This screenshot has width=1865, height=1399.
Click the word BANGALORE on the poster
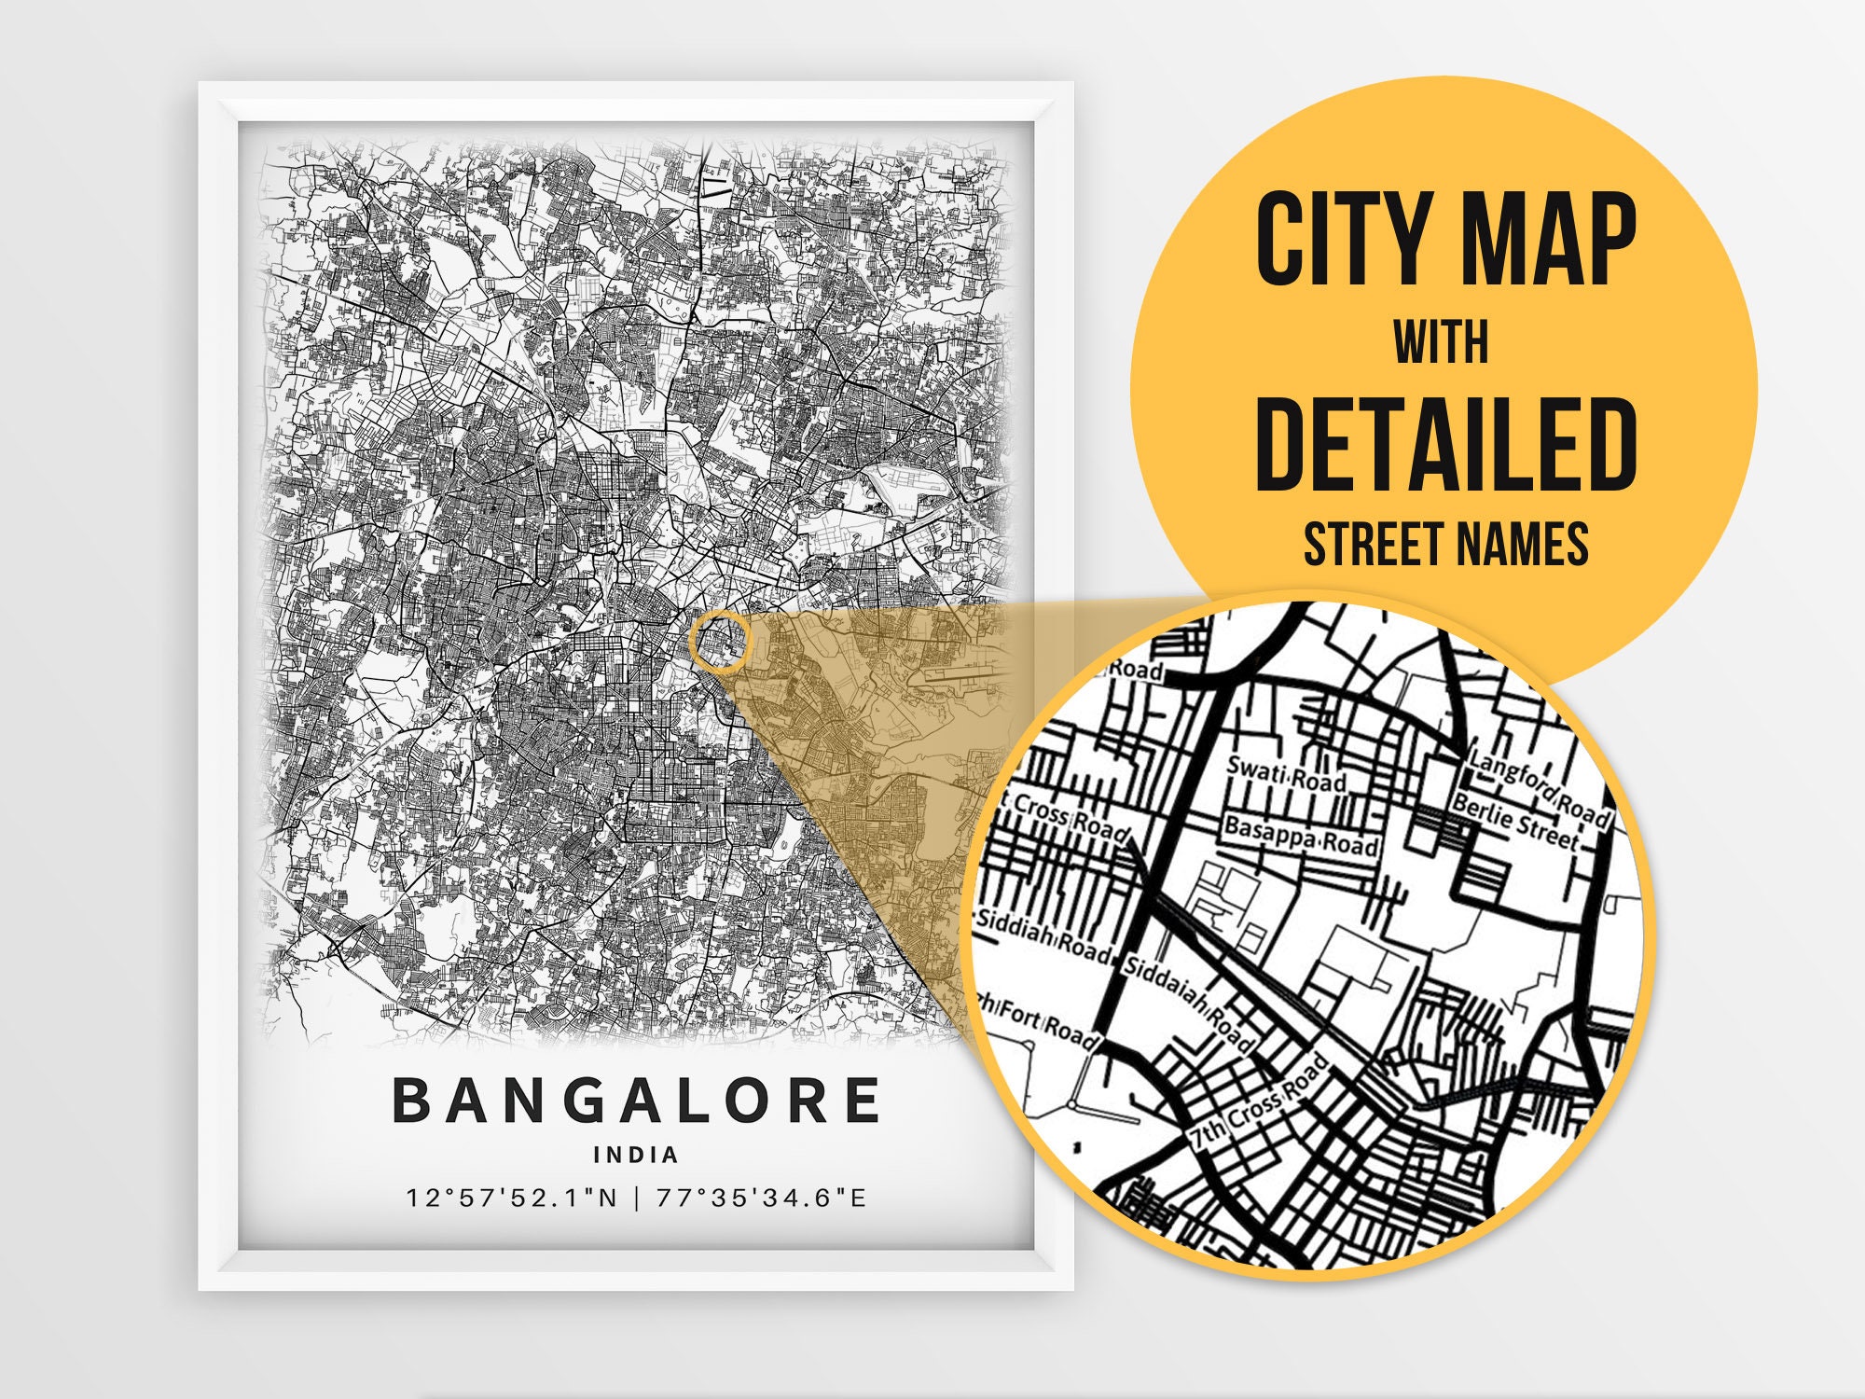pyautogui.click(x=636, y=1101)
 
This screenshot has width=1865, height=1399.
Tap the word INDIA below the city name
pyautogui.click(x=636, y=1155)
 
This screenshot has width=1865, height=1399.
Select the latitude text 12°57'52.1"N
pyautogui.click(x=512, y=1198)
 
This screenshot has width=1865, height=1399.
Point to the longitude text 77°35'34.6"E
pyautogui.click(x=761, y=1198)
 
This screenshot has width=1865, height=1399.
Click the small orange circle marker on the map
pyautogui.click(x=720, y=642)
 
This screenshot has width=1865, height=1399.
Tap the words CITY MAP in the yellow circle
pyautogui.click(x=1444, y=240)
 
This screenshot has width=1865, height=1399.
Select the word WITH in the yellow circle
pyautogui.click(x=1441, y=342)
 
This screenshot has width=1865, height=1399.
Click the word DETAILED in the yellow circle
pyautogui.click(x=1445, y=444)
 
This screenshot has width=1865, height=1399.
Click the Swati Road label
pyautogui.click(x=1286, y=774)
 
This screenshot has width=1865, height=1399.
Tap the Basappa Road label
pyautogui.click(x=1301, y=836)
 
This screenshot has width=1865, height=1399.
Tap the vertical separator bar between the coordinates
pyautogui.click(x=637, y=1198)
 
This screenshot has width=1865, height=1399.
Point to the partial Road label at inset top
pyautogui.click(x=1136, y=670)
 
